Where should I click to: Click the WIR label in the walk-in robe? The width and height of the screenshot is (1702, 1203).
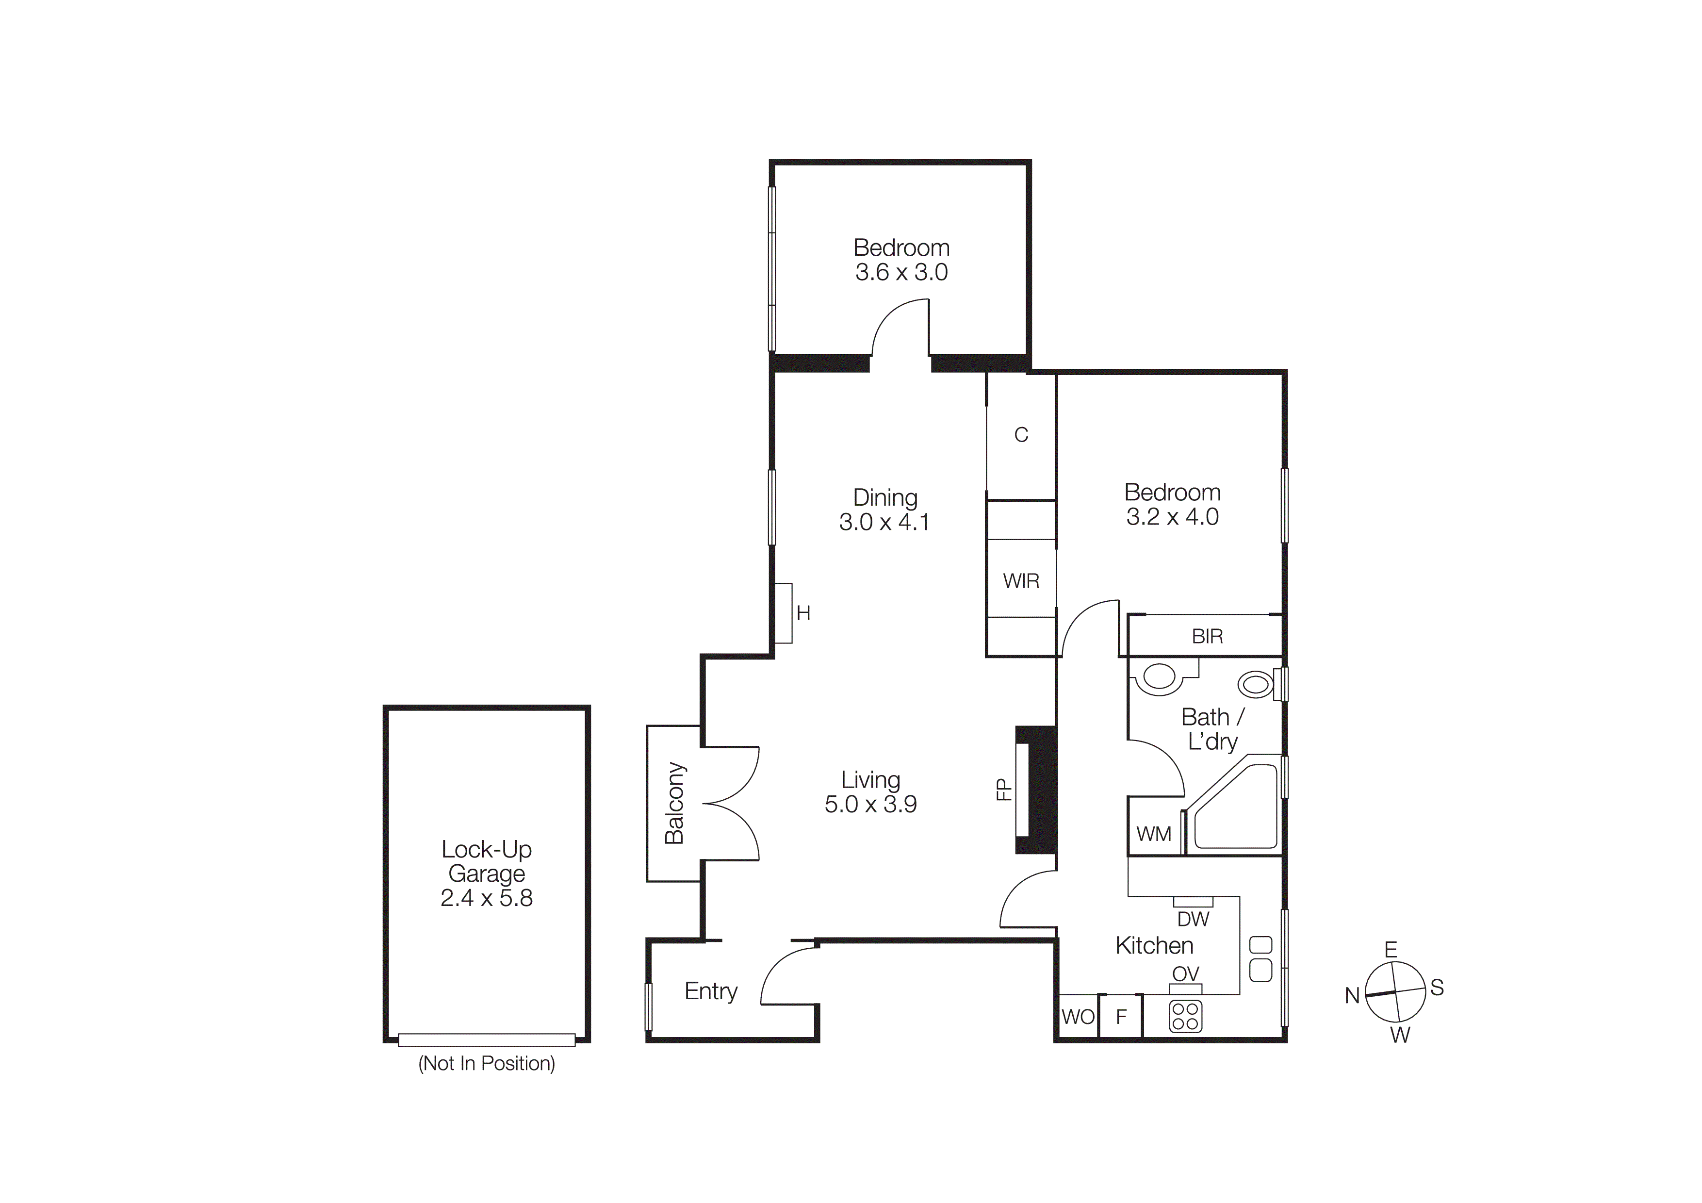[1021, 581]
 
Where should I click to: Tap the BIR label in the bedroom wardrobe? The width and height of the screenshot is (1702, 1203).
[1207, 636]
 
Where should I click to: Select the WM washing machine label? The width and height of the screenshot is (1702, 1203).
[1153, 834]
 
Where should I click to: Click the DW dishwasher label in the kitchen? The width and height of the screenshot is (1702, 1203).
[1193, 919]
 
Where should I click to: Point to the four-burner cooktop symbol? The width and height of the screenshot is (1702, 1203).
[1185, 1016]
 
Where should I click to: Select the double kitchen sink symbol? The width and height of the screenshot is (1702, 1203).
[1261, 958]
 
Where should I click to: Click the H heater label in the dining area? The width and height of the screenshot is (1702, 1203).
[803, 613]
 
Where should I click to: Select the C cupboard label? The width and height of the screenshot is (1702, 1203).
[1021, 435]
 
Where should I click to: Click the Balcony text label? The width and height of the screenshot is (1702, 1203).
[674, 804]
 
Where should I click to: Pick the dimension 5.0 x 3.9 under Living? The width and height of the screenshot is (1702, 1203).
[870, 804]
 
